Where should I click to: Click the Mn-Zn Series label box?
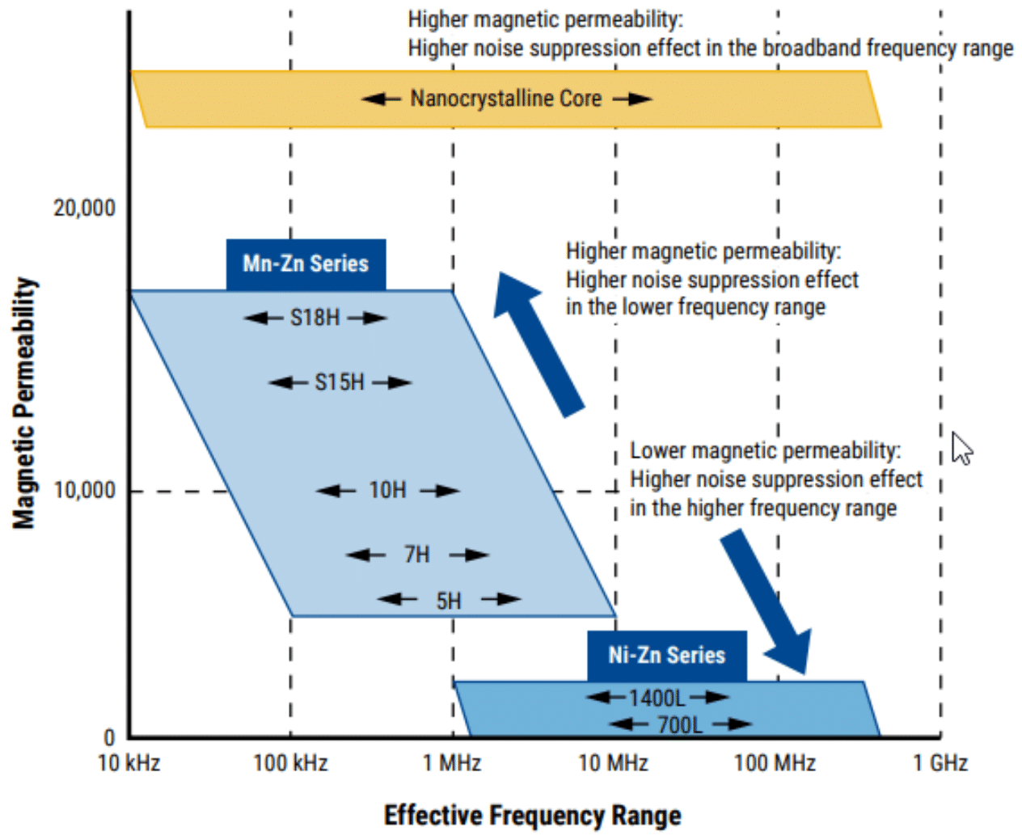[306, 264]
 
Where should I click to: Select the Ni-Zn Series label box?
[666, 655]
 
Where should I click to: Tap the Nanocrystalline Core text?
[505, 99]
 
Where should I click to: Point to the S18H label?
[315, 318]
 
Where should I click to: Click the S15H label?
[339, 382]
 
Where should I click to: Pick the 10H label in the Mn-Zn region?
[387, 490]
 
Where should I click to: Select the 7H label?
[416, 555]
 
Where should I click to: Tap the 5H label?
[448, 601]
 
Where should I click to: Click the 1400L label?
[657, 698]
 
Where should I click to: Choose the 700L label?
[679, 724]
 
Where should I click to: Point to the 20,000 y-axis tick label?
[84, 208]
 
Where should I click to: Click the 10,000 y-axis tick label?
[84, 490]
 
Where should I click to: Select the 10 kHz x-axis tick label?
[129, 763]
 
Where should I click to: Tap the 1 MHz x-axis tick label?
[452, 763]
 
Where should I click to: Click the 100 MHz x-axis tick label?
[775, 763]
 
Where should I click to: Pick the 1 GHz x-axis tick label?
[940, 763]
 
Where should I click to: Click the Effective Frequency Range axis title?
[532, 815]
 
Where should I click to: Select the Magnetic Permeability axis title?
[25, 403]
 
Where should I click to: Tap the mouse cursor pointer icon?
[961, 448]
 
